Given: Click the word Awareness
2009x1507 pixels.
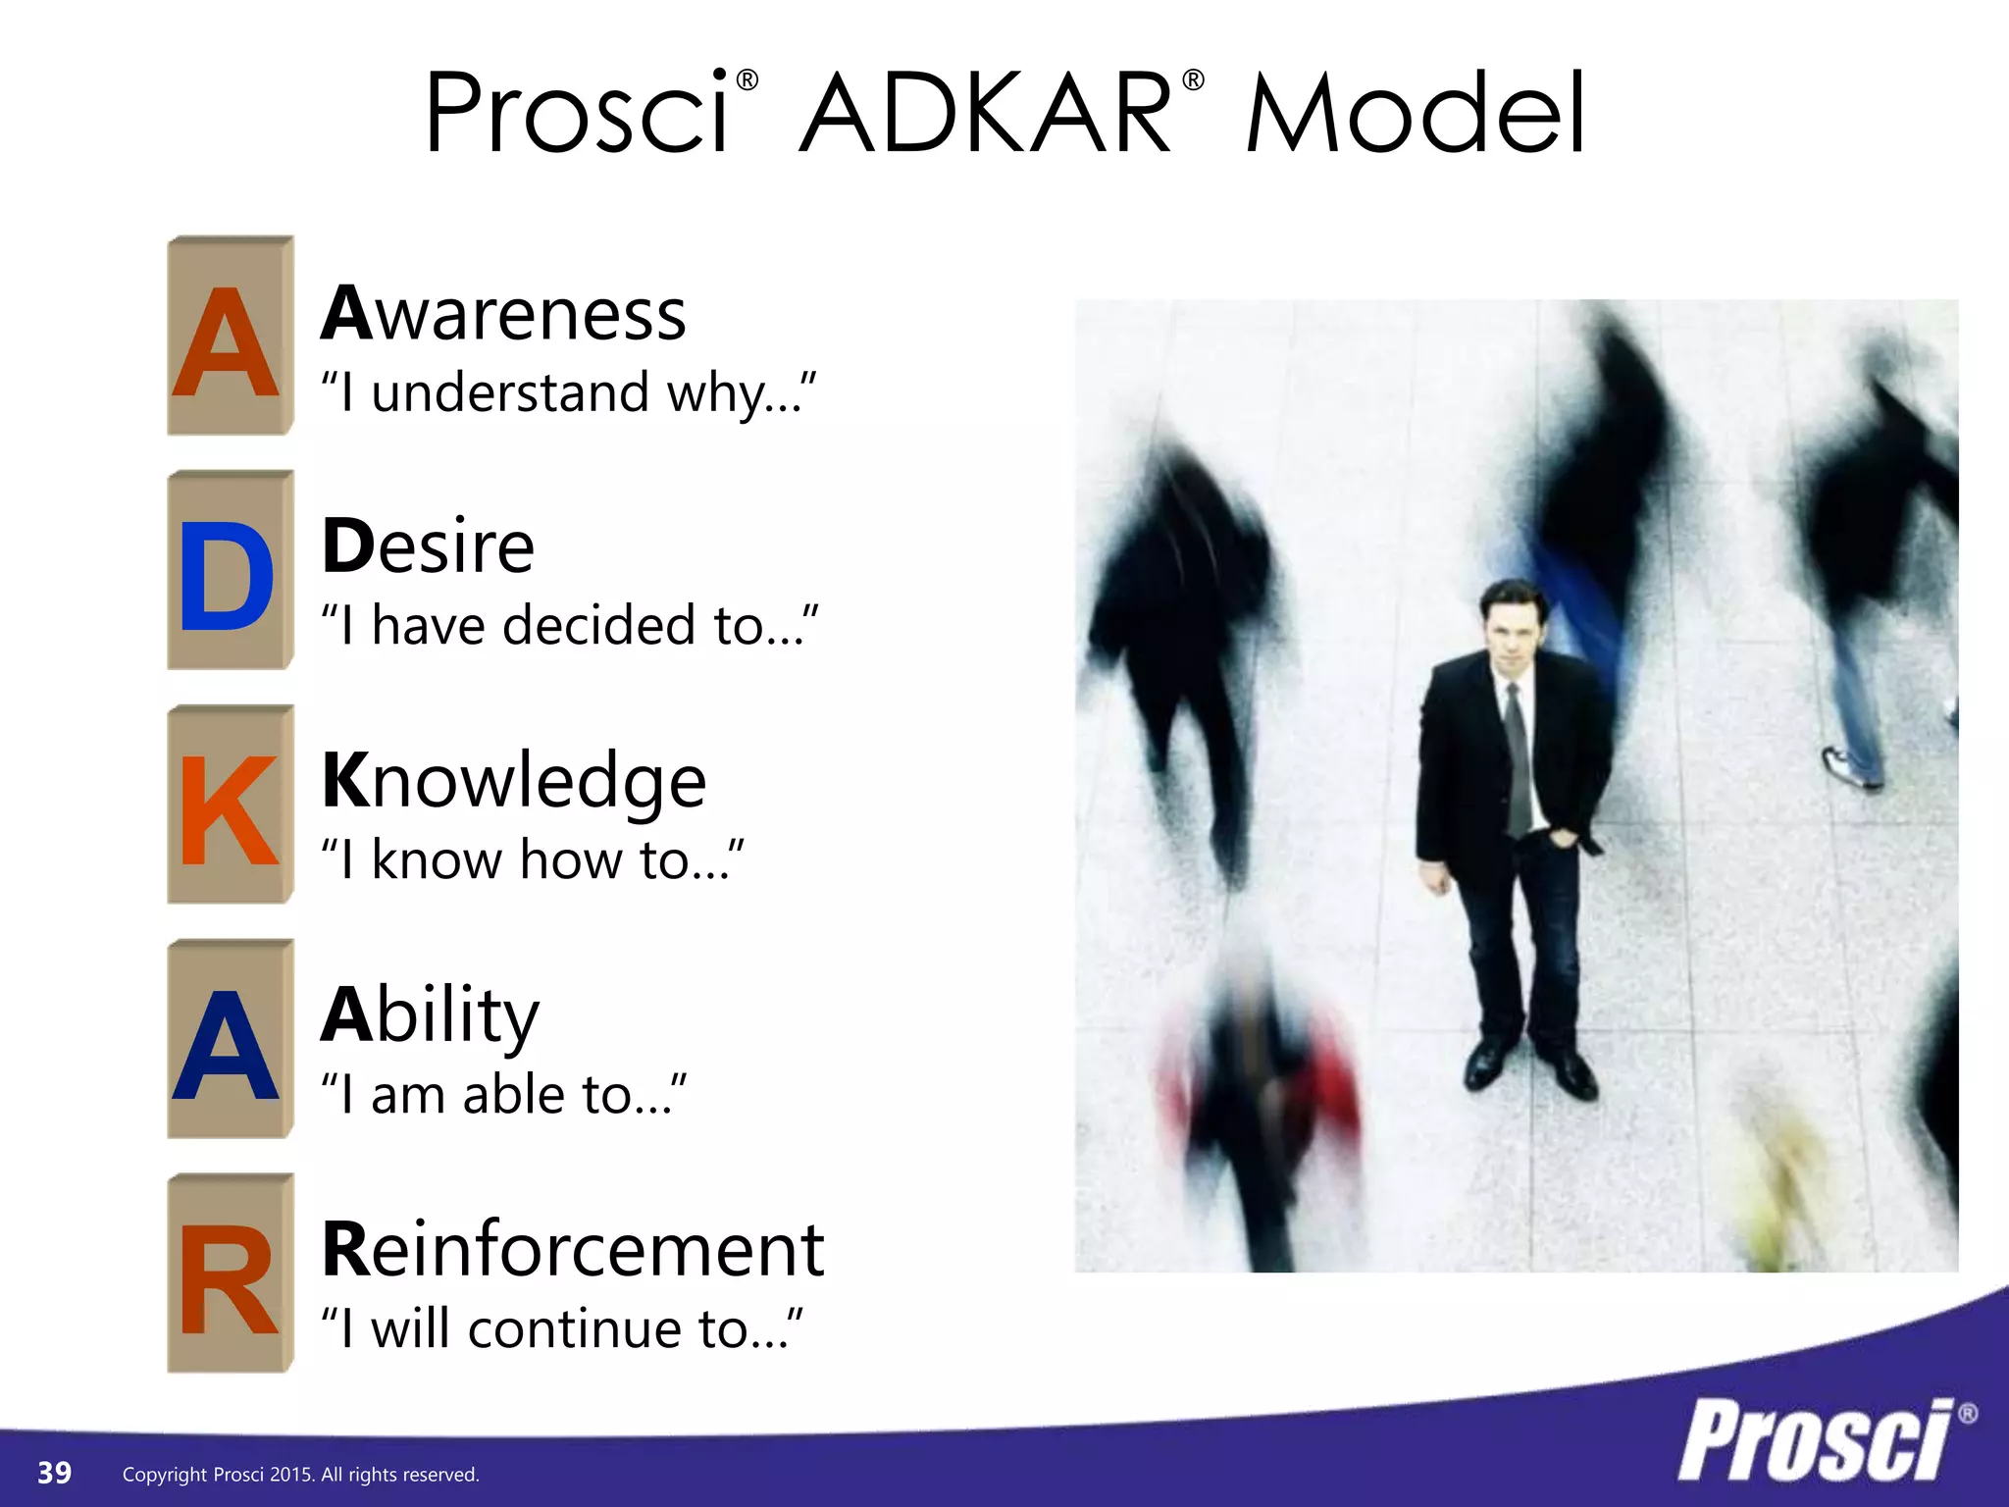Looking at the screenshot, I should click(x=503, y=314).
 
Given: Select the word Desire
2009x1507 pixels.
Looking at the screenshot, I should click(x=428, y=546).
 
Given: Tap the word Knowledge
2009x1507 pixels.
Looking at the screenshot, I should click(x=513, y=781).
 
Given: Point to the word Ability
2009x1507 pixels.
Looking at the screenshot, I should click(x=430, y=1015).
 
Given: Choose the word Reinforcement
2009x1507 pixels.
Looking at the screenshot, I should click(x=573, y=1250).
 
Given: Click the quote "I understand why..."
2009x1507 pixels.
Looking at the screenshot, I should click(x=568, y=393).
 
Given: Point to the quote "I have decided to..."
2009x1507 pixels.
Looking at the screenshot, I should click(x=569, y=626).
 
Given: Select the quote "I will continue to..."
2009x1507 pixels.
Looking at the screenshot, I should click(x=561, y=1329).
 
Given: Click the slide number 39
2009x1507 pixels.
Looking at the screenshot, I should click(x=54, y=1473).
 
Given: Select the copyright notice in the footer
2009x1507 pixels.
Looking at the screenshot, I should click(x=300, y=1475).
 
